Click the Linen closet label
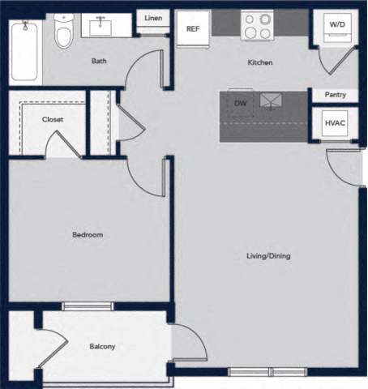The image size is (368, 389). (x=152, y=19)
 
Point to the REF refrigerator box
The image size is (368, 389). (x=193, y=29)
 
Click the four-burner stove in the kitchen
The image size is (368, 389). (x=259, y=26)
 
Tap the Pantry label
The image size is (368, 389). (x=335, y=95)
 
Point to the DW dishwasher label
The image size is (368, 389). (x=240, y=104)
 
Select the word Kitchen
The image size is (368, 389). (x=259, y=62)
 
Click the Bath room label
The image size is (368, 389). (x=99, y=61)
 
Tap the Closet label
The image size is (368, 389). (x=53, y=119)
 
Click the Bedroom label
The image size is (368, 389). (x=88, y=235)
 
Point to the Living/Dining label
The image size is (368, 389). (x=268, y=256)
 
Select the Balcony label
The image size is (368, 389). (x=102, y=347)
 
